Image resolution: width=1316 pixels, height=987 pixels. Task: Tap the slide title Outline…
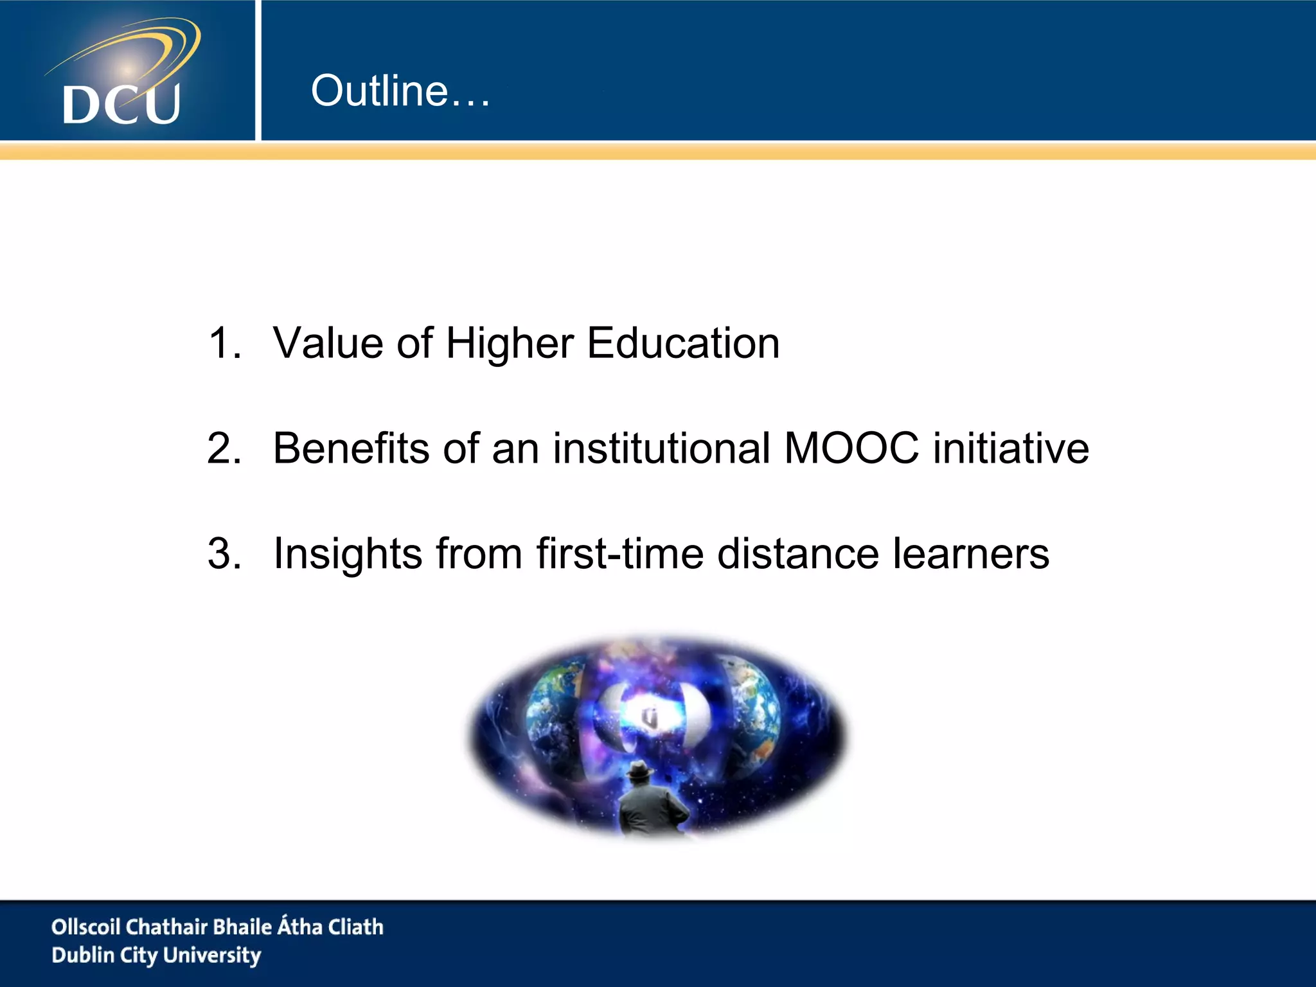pos(400,91)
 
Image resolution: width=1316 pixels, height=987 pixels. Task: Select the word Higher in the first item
pos(509,344)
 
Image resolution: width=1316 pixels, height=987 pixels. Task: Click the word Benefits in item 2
pos(351,448)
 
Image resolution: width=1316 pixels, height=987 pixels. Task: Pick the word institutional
pos(661,448)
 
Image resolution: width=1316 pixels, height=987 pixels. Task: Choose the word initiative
pos(1011,448)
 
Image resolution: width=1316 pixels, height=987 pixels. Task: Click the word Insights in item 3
pos(347,554)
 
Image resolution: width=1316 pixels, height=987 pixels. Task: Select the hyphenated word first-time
pos(620,553)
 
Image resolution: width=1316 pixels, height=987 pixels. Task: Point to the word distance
pos(797,553)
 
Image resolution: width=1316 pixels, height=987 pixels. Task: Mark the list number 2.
pos(224,448)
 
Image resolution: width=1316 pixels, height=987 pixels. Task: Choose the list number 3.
pos(224,553)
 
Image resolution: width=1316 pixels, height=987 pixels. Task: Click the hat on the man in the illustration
pos(640,769)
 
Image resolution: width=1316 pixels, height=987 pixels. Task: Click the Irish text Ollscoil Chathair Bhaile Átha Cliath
pos(217,927)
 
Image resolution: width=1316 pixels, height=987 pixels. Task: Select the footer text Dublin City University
pos(156,956)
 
